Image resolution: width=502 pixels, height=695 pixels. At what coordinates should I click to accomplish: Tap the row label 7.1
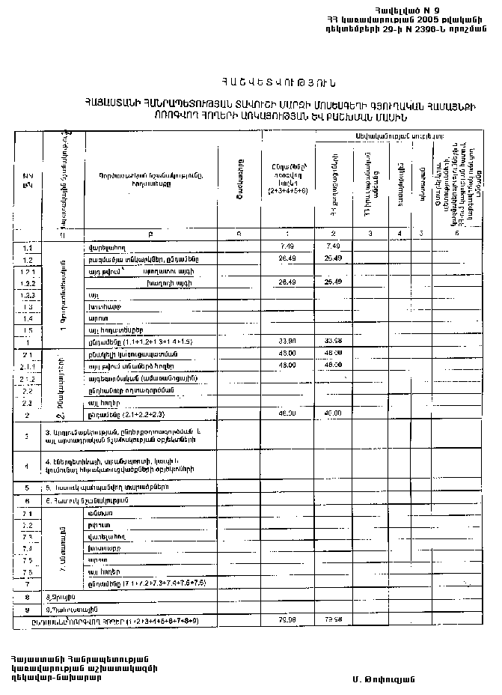[x=28, y=514]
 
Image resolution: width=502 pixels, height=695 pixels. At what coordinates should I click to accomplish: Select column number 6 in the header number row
[x=456, y=233]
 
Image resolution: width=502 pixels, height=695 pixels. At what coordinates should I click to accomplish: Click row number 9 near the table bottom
[x=26, y=610]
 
